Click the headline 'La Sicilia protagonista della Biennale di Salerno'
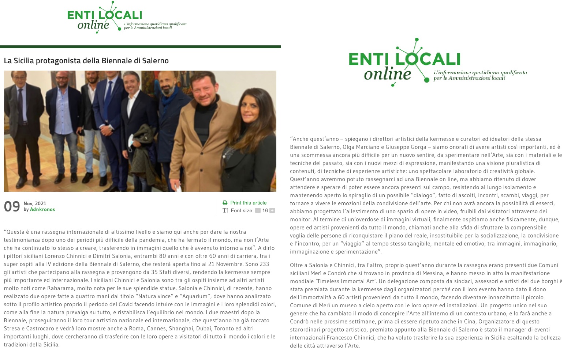click(x=86, y=61)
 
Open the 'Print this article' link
click(x=248, y=203)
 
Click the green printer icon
click(x=225, y=203)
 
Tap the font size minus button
click(x=258, y=210)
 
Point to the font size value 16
click(x=265, y=210)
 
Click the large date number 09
click(x=12, y=207)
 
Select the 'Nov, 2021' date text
click(x=35, y=203)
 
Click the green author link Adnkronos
click(x=42, y=210)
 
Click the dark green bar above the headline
click(x=140, y=47)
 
